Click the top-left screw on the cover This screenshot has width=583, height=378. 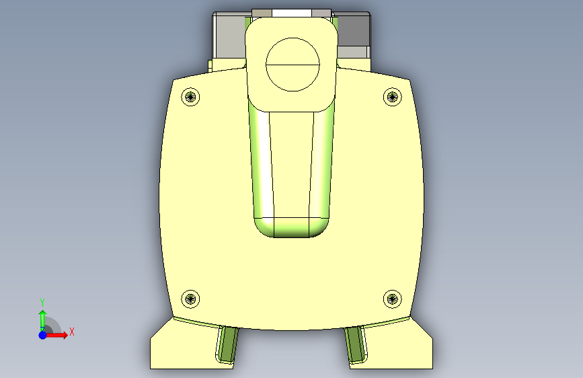[x=190, y=97]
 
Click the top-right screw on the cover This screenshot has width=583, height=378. [x=392, y=97]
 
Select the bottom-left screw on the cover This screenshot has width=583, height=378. [x=190, y=299]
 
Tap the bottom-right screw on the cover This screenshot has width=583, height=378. [x=392, y=299]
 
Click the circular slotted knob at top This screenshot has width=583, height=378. [x=293, y=65]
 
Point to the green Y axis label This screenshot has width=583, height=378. [x=42, y=302]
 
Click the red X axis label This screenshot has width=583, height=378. [x=72, y=332]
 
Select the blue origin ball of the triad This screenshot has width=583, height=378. [x=43, y=335]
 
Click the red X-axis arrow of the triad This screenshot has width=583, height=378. [x=56, y=335]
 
